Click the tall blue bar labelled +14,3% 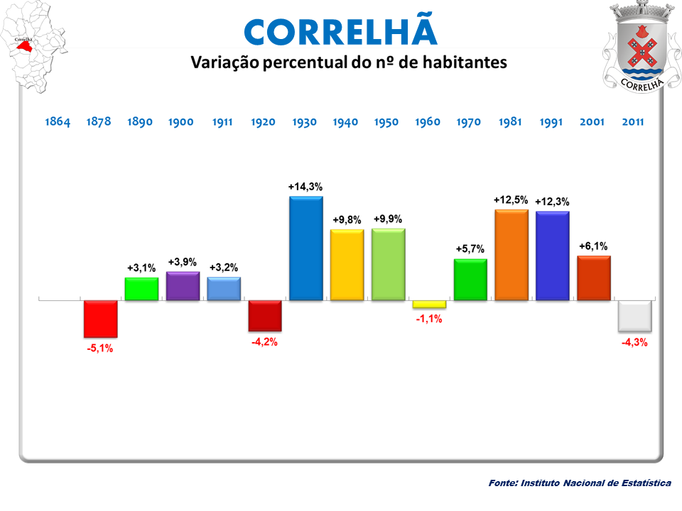[x=305, y=248]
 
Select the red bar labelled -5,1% [x=100, y=318]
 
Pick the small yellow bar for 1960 [x=429, y=304]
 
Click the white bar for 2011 [x=634, y=316]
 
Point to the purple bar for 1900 [x=183, y=285]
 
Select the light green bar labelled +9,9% [x=388, y=264]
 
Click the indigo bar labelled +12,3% [x=552, y=255]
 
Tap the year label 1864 [x=58, y=122]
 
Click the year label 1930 [x=305, y=122]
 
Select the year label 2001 [x=592, y=122]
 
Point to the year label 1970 [x=469, y=122]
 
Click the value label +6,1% [x=593, y=246]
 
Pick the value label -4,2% [x=264, y=342]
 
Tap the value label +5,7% [x=470, y=249]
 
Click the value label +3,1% [x=141, y=268]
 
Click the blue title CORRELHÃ [x=340, y=31]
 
